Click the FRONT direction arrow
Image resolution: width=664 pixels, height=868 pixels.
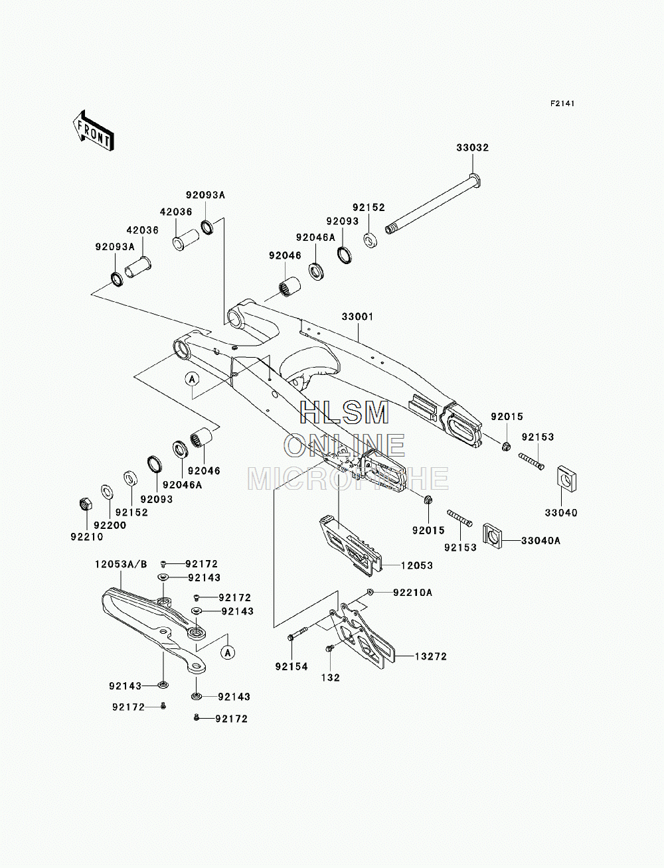tap(93, 131)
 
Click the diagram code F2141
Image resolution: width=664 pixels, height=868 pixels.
tap(562, 104)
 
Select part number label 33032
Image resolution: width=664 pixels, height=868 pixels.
tap(473, 148)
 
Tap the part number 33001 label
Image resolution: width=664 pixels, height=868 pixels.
tap(358, 317)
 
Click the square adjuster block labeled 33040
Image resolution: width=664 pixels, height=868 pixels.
tap(566, 479)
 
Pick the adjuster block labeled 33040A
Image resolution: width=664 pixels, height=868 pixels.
tap(492, 536)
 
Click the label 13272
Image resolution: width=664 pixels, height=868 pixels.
tap(430, 656)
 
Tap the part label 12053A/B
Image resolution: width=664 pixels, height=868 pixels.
tap(121, 564)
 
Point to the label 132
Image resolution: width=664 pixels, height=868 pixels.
tap(331, 678)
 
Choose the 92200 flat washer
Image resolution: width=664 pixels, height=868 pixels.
tap(107, 492)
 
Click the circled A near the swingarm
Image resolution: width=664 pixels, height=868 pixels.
tap(192, 379)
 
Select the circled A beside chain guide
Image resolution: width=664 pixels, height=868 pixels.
tap(228, 652)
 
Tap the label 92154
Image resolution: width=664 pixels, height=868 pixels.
tap(291, 667)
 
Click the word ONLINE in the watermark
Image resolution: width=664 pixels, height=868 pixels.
tap(345, 445)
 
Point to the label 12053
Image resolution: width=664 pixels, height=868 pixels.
tap(417, 565)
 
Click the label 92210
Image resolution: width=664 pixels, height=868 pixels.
tap(87, 537)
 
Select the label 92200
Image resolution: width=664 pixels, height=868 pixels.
tap(110, 525)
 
